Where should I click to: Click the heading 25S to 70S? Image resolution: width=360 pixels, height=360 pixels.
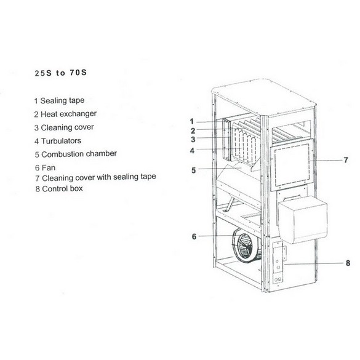coord(60,73)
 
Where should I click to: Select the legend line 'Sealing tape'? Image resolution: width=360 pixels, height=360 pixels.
coord(60,100)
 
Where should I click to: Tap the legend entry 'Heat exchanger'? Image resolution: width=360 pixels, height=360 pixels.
coord(65,114)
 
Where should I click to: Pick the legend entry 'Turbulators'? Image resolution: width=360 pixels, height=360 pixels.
coord(58,141)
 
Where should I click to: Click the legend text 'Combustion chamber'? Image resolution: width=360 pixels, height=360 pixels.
coord(76,154)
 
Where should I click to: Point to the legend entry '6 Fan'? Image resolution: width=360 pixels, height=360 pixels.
coord(45,167)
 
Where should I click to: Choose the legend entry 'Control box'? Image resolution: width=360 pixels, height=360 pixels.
coord(59,189)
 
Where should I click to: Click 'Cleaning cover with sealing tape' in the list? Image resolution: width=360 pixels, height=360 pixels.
coord(96,177)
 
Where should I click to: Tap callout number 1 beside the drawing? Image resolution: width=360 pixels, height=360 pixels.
coord(192,121)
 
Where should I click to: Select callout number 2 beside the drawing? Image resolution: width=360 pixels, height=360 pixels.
coord(193,130)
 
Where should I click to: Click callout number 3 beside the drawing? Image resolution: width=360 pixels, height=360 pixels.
coord(193,139)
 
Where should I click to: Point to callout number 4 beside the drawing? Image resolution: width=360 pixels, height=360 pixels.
coord(192,151)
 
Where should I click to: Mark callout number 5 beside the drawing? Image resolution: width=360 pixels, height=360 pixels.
coord(194,170)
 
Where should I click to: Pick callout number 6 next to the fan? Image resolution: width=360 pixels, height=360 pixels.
coord(194,236)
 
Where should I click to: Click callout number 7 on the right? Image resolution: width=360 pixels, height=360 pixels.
coord(346,160)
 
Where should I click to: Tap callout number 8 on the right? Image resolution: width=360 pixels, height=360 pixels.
coord(348,263)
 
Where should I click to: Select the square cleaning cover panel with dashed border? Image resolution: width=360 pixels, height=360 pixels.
coord(292,165)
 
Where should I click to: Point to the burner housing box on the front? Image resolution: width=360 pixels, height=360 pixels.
coord(303,219)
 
